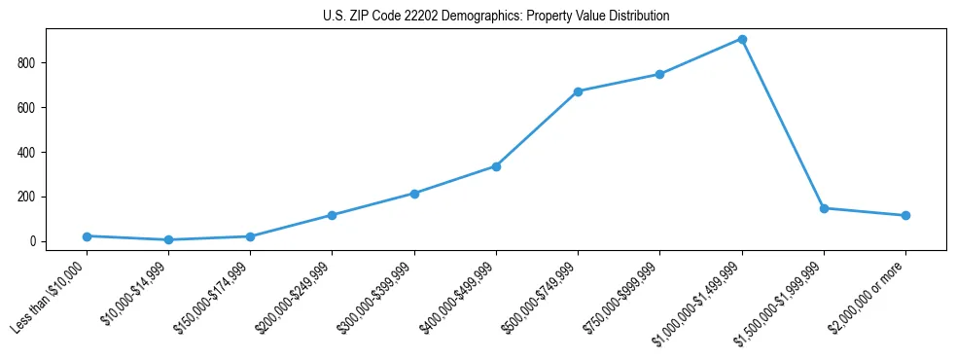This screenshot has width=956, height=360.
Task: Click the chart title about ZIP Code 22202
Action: tap(496, 17)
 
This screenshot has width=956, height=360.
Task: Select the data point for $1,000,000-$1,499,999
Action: tap(742, 40)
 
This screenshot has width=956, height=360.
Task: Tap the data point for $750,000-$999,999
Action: tap(659, 74)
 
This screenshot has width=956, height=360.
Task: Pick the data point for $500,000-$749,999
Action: tap(578, 91)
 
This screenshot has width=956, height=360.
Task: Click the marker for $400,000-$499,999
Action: tap(496, 166)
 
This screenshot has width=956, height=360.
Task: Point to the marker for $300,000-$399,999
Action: tap(414, 194)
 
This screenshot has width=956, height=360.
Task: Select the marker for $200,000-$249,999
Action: tap(332, 215)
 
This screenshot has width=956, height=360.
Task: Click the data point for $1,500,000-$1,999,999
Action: tap(824, 208)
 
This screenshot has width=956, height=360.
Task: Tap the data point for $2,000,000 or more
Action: tap(905, 215)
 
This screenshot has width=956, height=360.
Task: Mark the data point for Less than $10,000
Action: tap(87, 236)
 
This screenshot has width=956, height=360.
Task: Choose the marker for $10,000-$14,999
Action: tap(168, 239)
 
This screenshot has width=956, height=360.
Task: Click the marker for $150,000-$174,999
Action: tap(250, 236)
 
